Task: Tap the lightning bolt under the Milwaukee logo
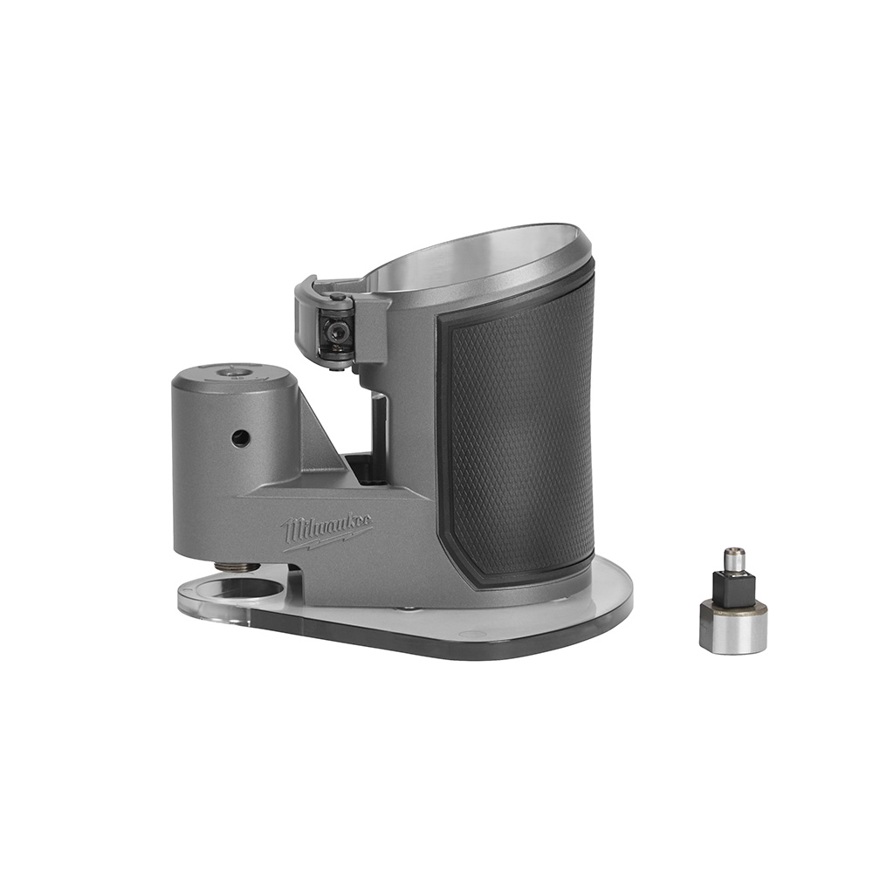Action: (321, 542)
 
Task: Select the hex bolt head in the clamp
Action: (333, 329)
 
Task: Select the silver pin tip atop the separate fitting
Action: (734, 557)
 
